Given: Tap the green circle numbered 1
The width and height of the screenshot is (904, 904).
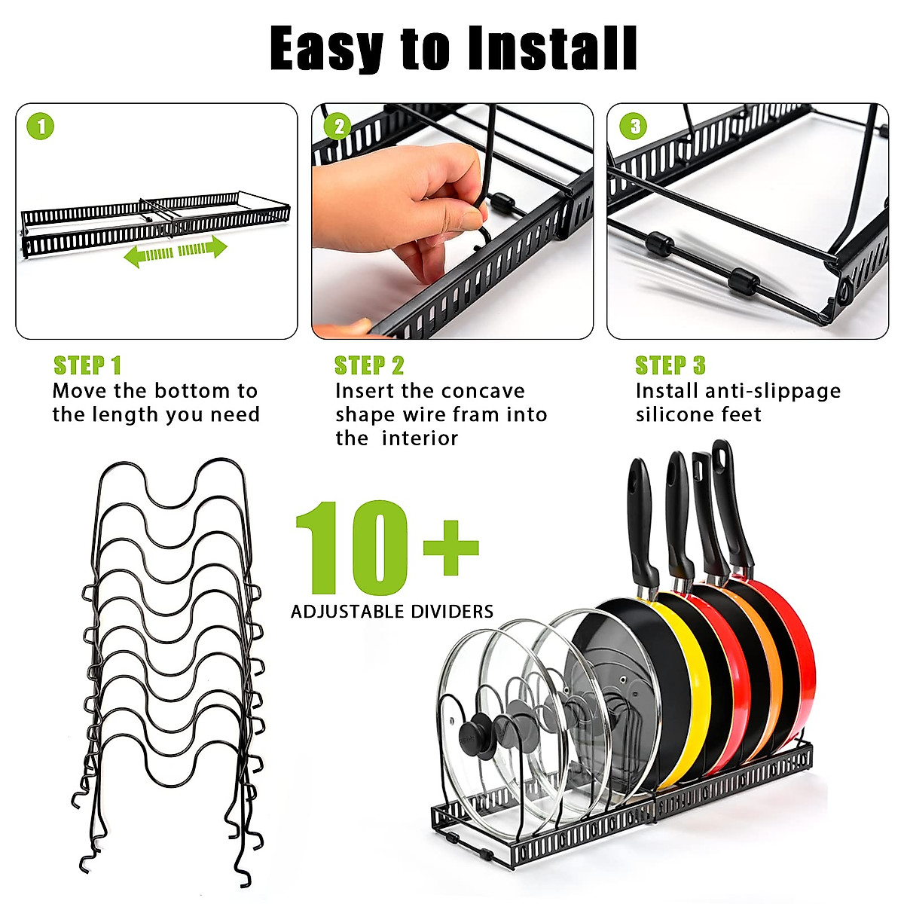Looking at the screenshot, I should (41, 126).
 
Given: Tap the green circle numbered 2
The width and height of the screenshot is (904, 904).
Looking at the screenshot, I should (338, 126).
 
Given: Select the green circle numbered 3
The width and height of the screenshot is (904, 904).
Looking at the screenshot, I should (634, 126).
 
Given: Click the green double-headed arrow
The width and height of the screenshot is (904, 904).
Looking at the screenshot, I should (176, 250).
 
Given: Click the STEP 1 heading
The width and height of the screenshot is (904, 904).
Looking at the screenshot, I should (87, 366).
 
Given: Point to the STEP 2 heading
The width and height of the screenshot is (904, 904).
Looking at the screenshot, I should (369, 366).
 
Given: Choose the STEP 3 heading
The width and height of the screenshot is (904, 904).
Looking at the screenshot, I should (670, 366).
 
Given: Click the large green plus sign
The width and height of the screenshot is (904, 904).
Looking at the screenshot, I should (450, 547).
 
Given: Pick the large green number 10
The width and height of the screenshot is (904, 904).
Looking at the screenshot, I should (353, 548).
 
